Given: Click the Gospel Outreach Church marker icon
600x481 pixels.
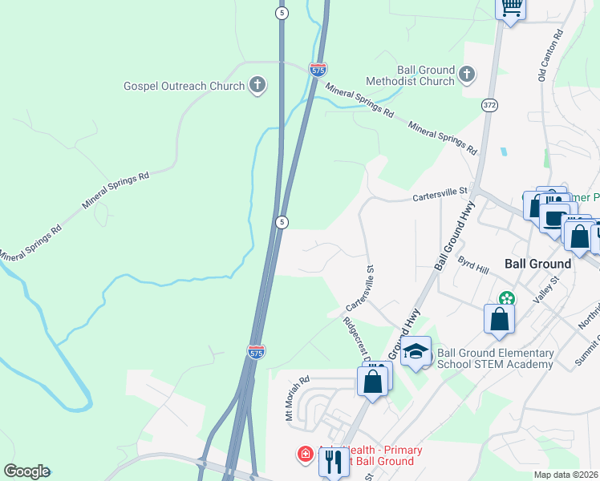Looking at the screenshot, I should [x=257, y=85].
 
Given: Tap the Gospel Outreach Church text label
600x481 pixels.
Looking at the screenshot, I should [x=184, y=86].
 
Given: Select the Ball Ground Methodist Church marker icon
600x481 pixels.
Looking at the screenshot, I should [x=467, y=75].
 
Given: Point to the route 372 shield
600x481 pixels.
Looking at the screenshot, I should [x=489, y=106].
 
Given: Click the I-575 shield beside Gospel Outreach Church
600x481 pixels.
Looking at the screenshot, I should [x=318, y=69].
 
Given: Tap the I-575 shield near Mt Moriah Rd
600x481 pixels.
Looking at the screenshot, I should [x=255, y=352].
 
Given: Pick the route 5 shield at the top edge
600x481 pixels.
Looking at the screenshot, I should [x=281, y=13].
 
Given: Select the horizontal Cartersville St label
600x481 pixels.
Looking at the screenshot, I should [x=440, y=193].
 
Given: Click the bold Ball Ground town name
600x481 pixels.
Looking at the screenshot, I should [x=537, y=263].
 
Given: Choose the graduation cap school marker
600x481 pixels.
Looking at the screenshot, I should [x=416, y=351].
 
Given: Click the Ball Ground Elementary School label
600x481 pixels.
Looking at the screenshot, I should [x=495, y=358].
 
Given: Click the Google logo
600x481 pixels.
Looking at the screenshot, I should [x=26, y=471].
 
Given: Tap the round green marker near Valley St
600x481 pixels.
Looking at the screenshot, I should [x=505, y=298].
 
